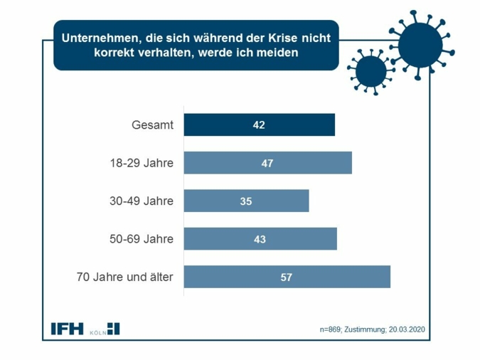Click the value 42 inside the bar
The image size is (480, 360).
click(x=259, y=125)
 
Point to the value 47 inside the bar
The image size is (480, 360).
click(x=267, y=163)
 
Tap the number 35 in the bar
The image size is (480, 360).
click(x=246, y=201)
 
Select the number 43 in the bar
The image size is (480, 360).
click(x=260, y=239)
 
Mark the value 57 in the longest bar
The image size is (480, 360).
click(x=287, y=277)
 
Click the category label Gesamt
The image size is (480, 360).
click(x=152, y=125)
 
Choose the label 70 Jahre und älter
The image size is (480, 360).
click(x=124, y=277)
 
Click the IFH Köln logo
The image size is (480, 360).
click(x=85, y=329)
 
